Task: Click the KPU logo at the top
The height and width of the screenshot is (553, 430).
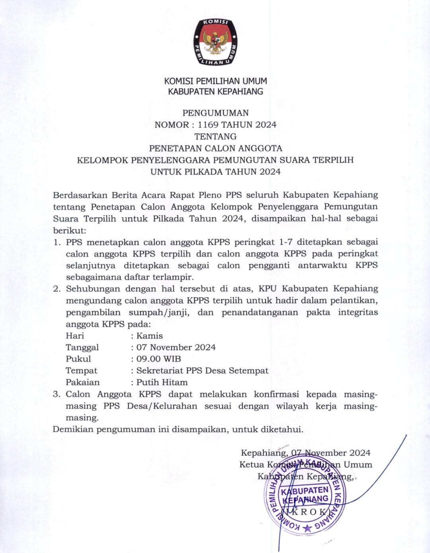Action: pyautogui.click(x=215, y=41)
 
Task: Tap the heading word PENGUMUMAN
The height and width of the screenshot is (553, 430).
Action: pyautogui.click(x=215, y=113)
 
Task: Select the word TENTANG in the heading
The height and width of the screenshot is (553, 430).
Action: pyautogui.click(x=215, y=136)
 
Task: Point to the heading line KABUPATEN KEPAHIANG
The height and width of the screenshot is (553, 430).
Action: pyautogui.click(x=215, y=91)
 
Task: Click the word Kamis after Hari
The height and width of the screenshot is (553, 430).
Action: pyautogui.click(x=149, y=336)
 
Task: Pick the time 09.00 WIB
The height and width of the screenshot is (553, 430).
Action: pyautogui.click(x=158, y=359)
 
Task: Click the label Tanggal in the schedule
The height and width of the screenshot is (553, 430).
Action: pyautogui.click(x=82, y=347)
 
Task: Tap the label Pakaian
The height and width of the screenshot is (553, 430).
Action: pyautogui.click(x=82, y=382)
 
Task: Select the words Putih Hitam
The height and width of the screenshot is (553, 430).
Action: pyautogui.click(x=162, y=382)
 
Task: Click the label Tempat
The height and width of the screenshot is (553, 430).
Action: pyautogui.click(x=81, y=371)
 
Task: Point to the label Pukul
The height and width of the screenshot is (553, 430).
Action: pyautogui.click(x=78, y=359)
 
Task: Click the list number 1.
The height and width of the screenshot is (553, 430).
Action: pyautogui.click(x=57, y=242)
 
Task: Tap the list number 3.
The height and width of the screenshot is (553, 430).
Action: pyautogui.click(x=57, y=394)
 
